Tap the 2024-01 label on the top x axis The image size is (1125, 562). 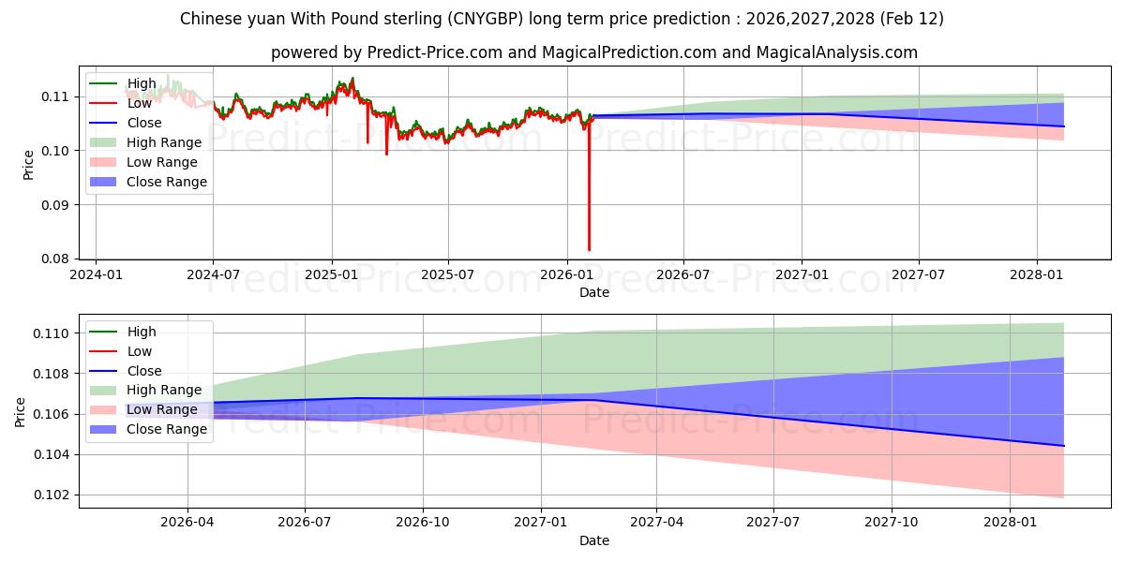tap(96, 275)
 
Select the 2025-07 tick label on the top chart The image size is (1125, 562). tap(448, 275)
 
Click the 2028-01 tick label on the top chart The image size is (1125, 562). tap(1036, 275)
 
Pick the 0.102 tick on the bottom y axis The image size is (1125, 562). tap(51, 495)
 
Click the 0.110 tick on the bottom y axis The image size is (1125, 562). tap(51, 333)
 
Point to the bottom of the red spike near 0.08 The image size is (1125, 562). tap(589, 250)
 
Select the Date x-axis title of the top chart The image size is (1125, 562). tap(593, 292)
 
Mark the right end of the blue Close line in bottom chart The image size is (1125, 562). tap(1064, 446)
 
